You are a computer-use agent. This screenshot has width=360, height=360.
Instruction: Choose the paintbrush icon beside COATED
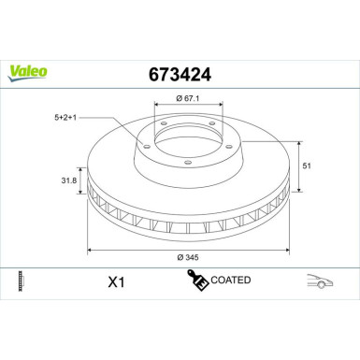[x=197, y=281]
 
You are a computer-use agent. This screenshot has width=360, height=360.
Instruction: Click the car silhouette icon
[x=318, y=281]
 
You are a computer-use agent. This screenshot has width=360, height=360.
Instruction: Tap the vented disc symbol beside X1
[x=21, y=281]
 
